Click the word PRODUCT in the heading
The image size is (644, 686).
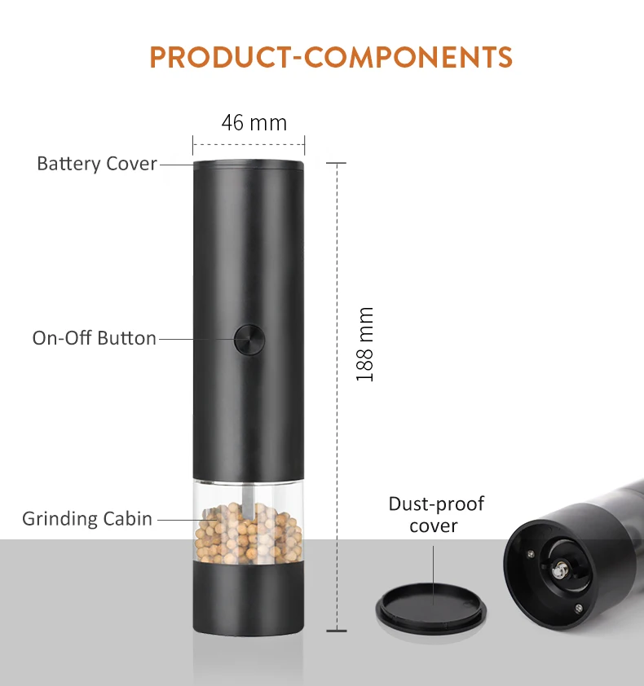(220, 57)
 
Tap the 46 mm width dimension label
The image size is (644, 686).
(254, 123)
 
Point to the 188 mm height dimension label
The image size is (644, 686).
(364, 345)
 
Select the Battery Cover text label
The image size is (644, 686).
(97, 164)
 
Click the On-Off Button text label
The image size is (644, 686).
(94, 338)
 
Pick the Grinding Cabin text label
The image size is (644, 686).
(87, 519)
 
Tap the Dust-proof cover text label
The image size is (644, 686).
(436, 515)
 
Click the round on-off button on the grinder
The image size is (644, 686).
(249, 339)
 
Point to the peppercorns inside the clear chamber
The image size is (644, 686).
(249, 533)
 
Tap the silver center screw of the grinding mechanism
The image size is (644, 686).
(559, 570)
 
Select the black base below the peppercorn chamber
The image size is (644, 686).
(249, 598)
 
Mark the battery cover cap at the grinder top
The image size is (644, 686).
(249, 165)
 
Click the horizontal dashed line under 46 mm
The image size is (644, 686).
(249, 144)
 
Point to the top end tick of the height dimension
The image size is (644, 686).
(336, 163)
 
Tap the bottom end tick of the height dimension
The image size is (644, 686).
(337, 631)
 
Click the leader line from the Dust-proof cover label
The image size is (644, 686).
(434, 575)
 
